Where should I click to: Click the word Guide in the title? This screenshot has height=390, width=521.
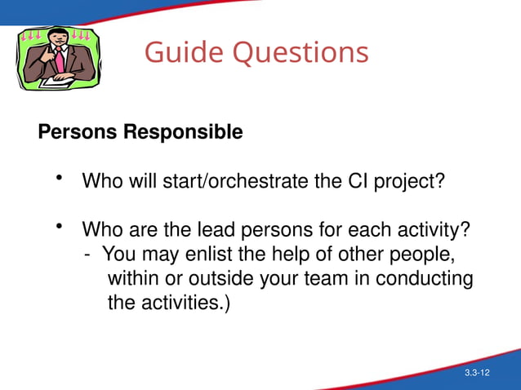(x=185, y=53)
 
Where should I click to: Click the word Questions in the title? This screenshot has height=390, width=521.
(x=301, y=53)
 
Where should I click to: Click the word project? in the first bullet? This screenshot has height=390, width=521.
(x=408, y=180)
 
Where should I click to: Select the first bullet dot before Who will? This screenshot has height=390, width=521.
(x=59, y=177)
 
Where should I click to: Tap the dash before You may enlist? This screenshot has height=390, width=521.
(x=87, y=254)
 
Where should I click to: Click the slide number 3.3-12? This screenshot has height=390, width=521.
(x=477, y=373)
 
